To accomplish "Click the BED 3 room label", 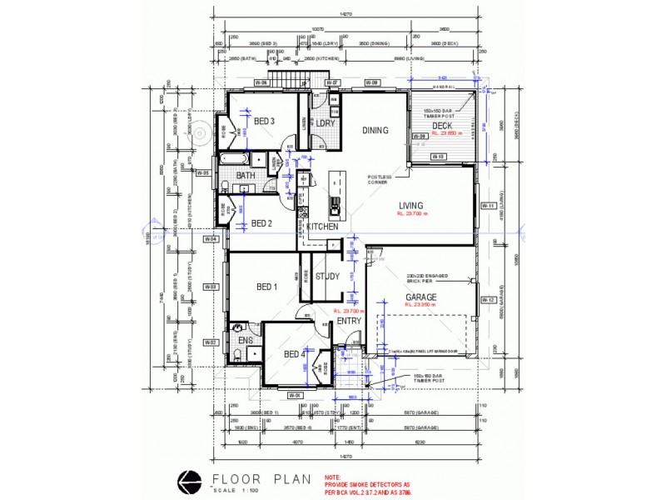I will [265, 122].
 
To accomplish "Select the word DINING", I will [375, 130].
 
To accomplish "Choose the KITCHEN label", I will [321, 227].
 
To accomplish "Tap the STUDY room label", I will [327, 277].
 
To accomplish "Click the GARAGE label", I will [421, 297].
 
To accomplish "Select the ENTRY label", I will [349, 320].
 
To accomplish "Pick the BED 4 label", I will [295, 355].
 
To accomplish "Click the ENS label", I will [246, 340].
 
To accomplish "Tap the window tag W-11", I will [489, 205].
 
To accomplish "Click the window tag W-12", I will [489, 300].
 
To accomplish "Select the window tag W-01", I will [293, 394].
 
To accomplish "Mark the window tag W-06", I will [259, 83].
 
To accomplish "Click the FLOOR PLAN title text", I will [261, 479].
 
